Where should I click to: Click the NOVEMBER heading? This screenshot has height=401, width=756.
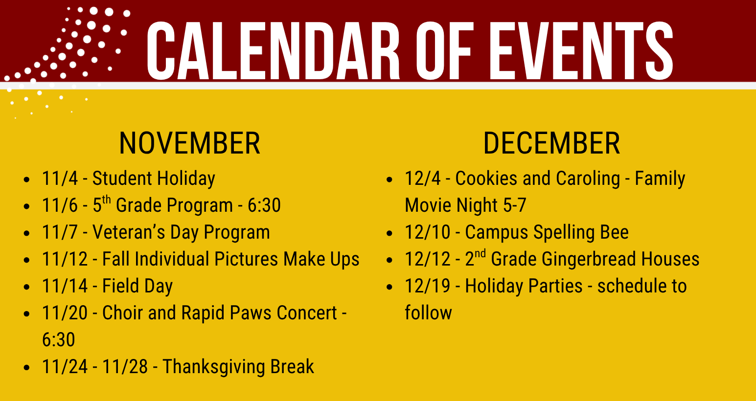[190, 143]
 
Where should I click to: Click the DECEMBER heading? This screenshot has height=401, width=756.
[551, 143]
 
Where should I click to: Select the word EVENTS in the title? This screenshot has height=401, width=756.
[581, 50]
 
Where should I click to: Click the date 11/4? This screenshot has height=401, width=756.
[60, 178]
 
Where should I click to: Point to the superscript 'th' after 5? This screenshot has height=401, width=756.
[106, 200]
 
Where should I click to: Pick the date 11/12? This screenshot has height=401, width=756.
[65, 259]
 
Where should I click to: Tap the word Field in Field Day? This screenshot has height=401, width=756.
[120, 286]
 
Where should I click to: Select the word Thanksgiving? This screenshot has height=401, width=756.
[214, 367]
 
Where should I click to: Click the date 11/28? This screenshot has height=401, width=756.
[125, 367]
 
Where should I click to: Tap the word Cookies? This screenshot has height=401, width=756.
[486, 178]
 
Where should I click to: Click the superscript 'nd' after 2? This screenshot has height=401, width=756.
[480, 254]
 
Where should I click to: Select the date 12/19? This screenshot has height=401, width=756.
[428, 286]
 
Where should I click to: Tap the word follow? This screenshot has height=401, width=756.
[428, 312]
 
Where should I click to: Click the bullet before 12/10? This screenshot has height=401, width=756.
[389, 233]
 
